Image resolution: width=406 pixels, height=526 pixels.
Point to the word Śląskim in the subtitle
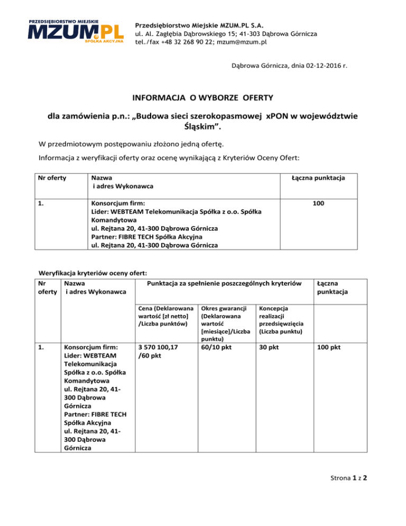[202, 130]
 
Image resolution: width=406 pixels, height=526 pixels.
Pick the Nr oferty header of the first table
[53, 178]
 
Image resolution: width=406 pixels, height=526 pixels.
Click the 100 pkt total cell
[328, 347]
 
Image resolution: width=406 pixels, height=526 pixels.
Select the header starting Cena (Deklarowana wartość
[161, 316]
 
